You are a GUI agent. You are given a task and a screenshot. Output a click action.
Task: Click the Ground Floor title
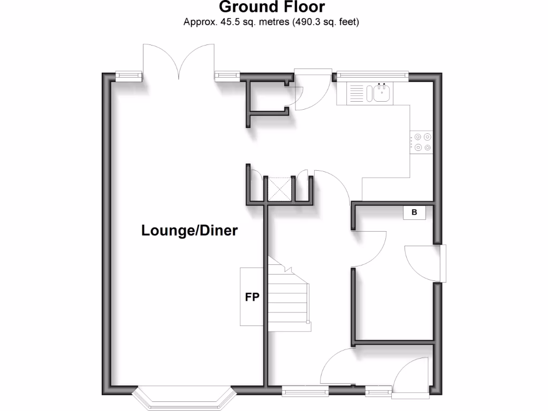click(271, 7)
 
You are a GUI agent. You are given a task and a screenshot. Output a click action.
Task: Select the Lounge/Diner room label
click(189, 231)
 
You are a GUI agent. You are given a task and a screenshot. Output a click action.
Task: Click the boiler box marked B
click(414, 212)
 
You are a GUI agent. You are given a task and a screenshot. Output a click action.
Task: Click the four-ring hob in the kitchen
click(423, 142)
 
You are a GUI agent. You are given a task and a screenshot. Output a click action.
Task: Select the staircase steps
click(288, 300)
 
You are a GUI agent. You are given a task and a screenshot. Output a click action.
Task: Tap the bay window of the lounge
click(185, 398)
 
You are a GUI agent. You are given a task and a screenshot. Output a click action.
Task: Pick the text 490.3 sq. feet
click(324, 22)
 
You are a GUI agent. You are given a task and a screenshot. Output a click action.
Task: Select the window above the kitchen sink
click(372, 75)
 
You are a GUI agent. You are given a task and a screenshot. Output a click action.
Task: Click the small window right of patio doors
click(229, 76)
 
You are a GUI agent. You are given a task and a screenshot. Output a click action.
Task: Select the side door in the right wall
click(442, 263)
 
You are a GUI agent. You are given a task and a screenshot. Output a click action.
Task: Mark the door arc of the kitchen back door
click(313, 91)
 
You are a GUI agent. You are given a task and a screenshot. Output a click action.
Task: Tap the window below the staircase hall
click(305, 391)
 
